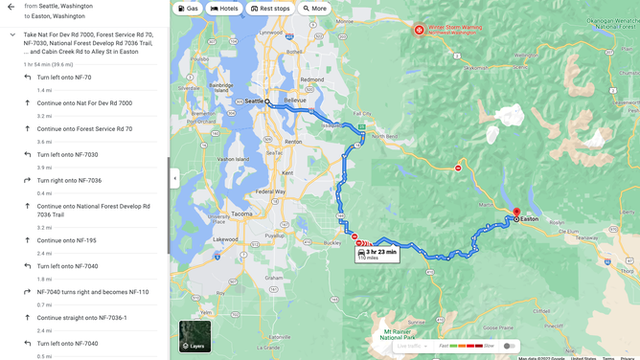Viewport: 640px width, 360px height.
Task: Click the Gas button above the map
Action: click(x=187, y=8)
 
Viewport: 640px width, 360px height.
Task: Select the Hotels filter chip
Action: click(x=224, y=8)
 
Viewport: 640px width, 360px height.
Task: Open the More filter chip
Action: click(x=314, y=8)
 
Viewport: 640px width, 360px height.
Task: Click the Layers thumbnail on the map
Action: click(x=194, y=337)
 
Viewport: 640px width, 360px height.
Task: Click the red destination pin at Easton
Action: click(x=516, y=213)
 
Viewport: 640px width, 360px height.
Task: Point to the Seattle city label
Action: click(x=255, y=101)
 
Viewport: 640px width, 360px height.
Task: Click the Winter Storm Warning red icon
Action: click(x=419, y=30)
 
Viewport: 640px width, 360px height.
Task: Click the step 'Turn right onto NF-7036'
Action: click(x=69, y=180)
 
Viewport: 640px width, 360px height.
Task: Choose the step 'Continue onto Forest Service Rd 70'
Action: click(x=84, y=129)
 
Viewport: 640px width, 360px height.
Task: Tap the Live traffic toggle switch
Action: click(x=511, y=345)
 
